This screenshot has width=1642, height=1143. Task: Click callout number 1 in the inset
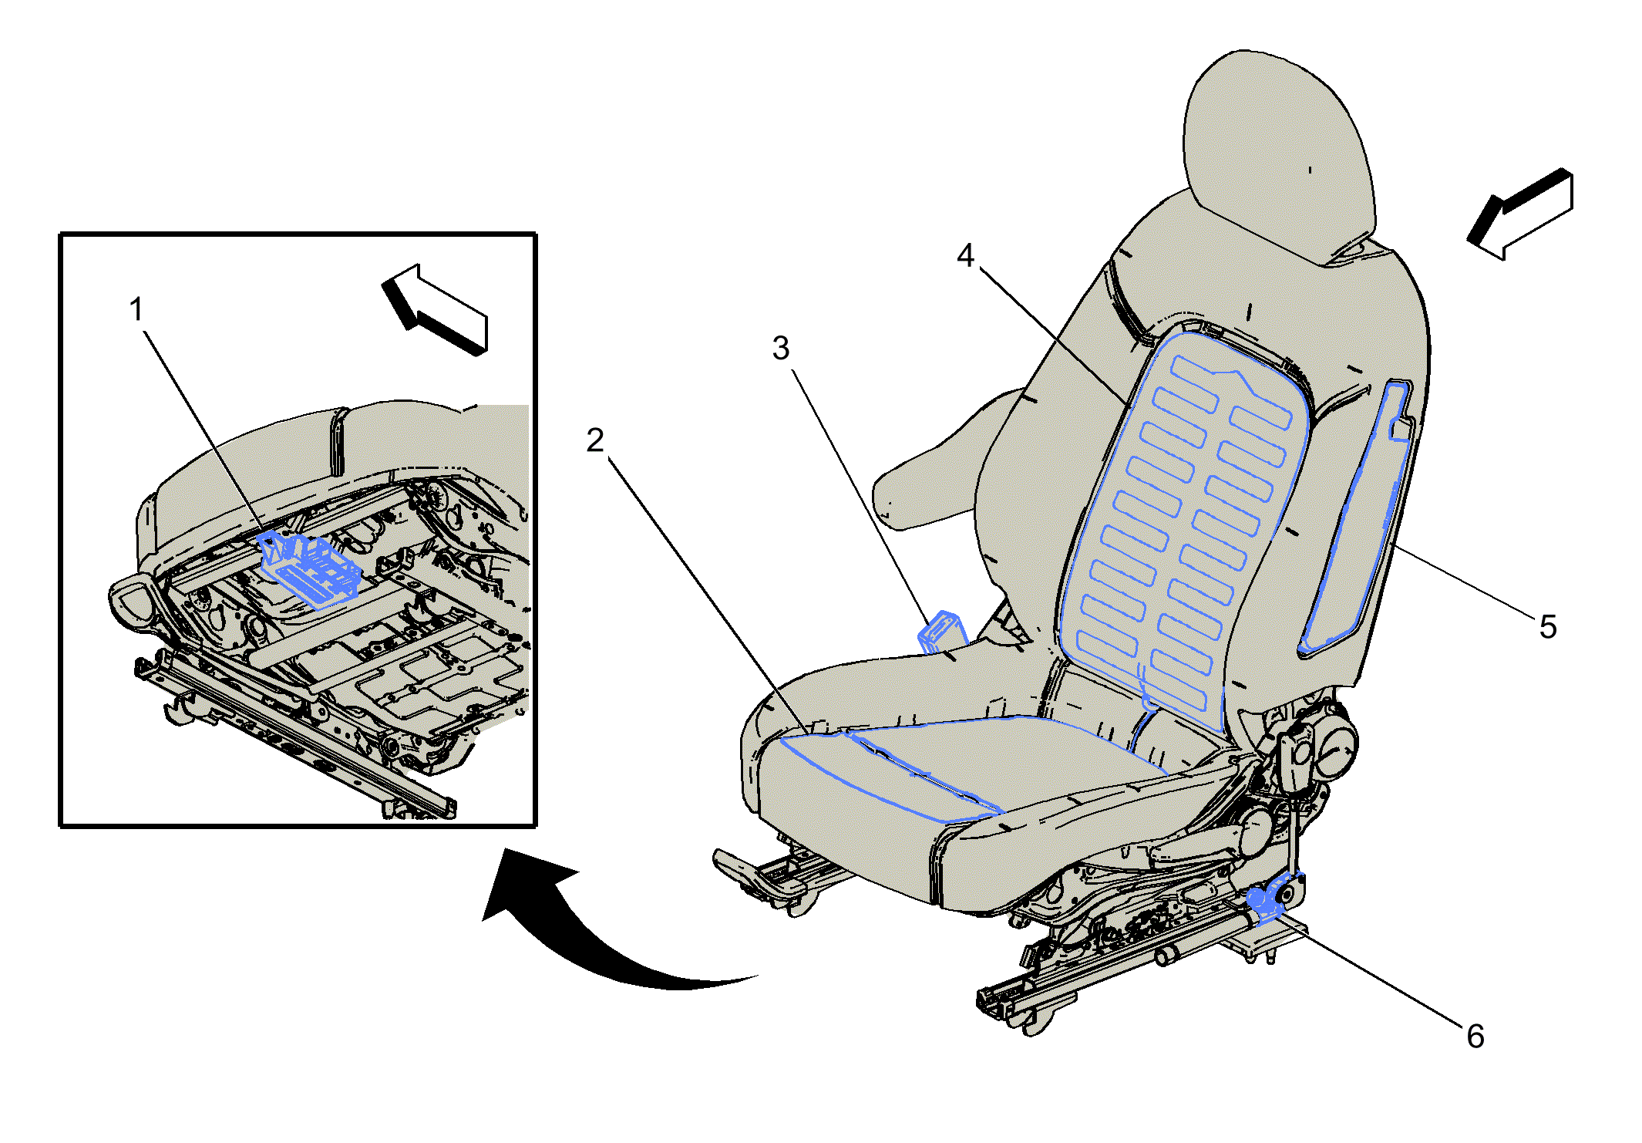click(x=136, y=309)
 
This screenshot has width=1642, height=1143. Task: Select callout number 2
click(x=595, y=440)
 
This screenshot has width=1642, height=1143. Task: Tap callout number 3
click(x=781, y=348)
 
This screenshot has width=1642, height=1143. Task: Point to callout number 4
click(x=965, y=255)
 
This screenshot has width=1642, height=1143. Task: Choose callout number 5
click(x=1548, y=626)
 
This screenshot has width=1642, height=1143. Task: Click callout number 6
click(x=1475, y=1036)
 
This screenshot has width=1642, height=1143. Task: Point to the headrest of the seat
click(x=1280, y=154)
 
